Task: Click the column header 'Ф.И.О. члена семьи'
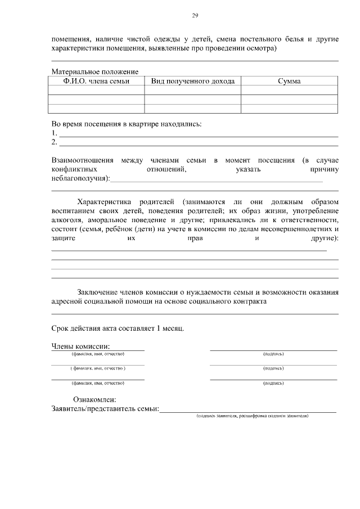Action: coord(97,81)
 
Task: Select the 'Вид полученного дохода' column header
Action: coord(192,81)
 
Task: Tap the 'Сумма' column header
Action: coord(289,81)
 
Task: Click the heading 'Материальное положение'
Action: coord(94,72)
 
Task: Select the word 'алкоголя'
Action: coord(66,220)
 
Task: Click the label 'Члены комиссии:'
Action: coord(80,346)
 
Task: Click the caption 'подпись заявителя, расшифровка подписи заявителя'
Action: coord(252,416)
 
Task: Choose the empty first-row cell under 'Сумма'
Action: coord(289,90)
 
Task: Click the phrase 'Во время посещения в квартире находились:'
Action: coord(126,124)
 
